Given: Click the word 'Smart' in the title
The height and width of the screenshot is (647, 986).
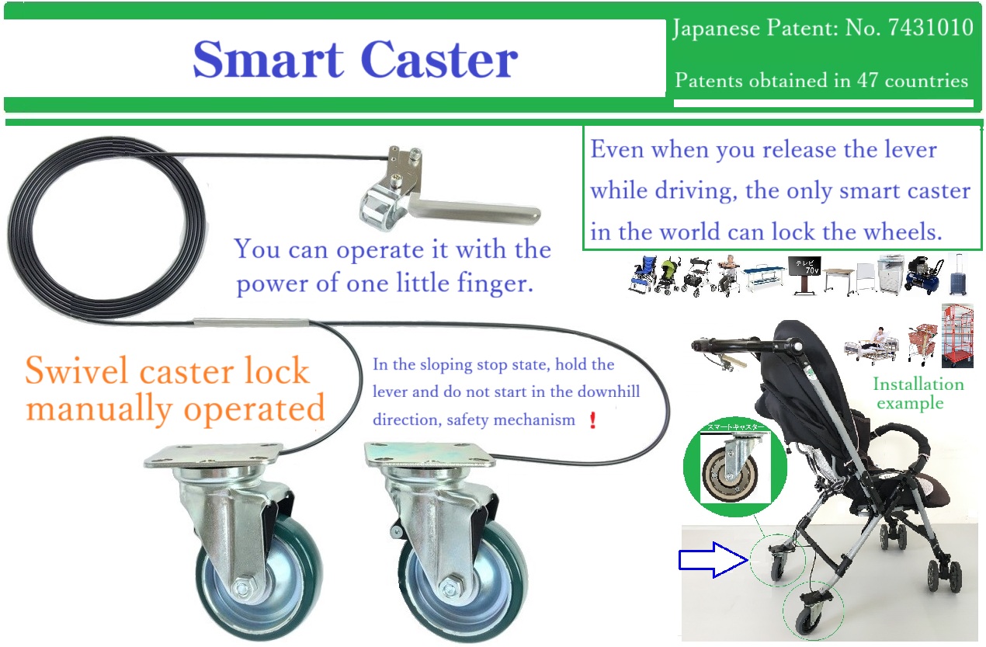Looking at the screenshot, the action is point(268,60).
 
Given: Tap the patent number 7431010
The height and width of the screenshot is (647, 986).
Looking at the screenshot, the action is point(930,27).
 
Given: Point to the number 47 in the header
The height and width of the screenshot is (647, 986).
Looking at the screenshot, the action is point(867,80).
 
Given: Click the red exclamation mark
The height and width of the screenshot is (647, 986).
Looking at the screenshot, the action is point(593,419).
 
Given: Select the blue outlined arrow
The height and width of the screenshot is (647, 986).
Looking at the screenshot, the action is point(713,560).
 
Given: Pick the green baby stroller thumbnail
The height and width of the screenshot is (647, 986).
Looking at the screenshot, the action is point(668,276).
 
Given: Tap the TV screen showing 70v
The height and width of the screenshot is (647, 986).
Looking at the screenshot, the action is point(805,266).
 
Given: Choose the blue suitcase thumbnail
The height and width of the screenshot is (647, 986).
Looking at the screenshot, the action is point(958,275).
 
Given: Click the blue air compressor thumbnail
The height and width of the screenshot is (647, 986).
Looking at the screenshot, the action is point(925,275).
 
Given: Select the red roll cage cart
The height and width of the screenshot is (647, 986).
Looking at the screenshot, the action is point(958,336).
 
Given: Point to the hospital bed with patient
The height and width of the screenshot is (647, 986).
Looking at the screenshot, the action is point(870,346).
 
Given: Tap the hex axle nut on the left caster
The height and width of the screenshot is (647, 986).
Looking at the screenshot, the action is point(241,588).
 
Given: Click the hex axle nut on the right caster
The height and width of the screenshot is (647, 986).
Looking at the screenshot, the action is point(449,587).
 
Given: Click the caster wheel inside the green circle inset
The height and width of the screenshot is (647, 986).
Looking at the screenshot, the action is point(731,474).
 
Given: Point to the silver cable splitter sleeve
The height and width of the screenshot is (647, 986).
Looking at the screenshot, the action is point(252,322).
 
